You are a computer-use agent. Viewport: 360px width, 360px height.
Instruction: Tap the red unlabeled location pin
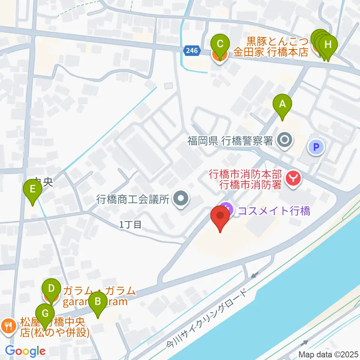point(220,219)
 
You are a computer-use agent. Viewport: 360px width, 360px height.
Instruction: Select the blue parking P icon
point(315,147)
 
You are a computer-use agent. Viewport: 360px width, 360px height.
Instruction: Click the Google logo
point(25,351)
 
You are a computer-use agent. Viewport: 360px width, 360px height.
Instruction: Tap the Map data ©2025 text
point(328,354)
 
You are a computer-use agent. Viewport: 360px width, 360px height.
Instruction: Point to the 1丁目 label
point(130,225)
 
